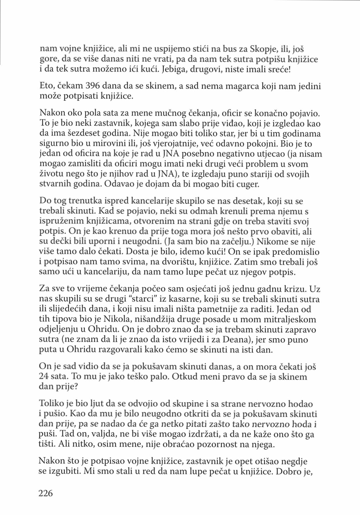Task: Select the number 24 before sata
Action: click(x=44, y=376)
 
